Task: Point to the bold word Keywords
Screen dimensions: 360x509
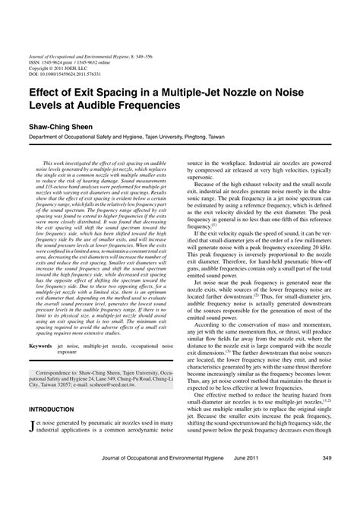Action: click(45, 346)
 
